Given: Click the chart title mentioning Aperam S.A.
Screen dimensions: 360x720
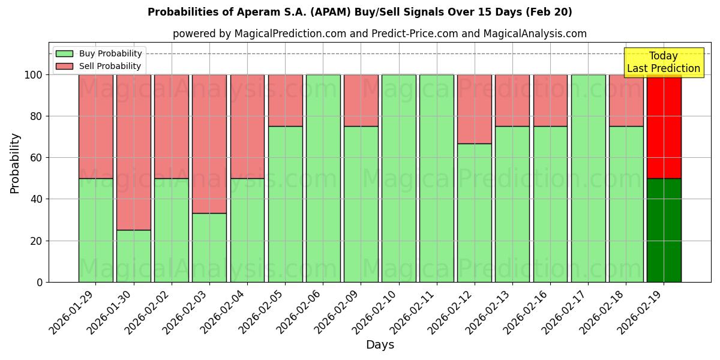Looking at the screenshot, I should point(359,12).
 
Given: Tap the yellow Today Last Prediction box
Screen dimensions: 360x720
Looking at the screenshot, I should point(663,62).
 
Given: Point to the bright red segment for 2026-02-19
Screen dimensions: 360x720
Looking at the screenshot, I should point(664,126).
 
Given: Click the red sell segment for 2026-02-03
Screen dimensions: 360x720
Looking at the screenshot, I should point(209,143).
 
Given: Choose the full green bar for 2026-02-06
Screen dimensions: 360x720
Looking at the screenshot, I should point(323,178).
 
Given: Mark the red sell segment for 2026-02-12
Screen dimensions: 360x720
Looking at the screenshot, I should point(475,109).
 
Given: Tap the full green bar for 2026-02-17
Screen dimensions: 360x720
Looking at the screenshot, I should point(588,178).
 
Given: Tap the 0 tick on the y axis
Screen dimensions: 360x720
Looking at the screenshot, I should point(40,282).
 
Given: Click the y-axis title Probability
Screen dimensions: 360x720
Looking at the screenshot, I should point(15,163).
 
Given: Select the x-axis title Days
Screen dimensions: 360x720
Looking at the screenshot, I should point(380,345).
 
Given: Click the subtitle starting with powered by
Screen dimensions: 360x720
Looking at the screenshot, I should point(379,34).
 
